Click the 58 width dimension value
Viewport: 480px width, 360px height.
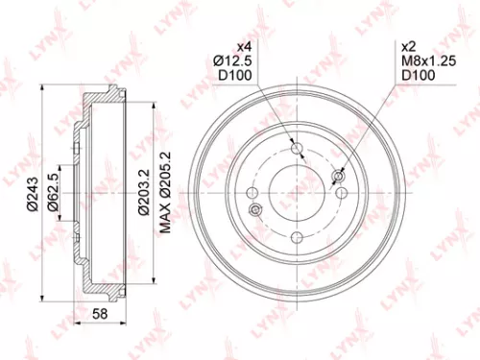point(100,314)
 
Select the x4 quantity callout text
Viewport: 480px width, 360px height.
point(242,46)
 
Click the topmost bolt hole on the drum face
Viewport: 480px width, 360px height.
point(297,146)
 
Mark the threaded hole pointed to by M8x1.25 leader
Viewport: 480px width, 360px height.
point(338,176)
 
